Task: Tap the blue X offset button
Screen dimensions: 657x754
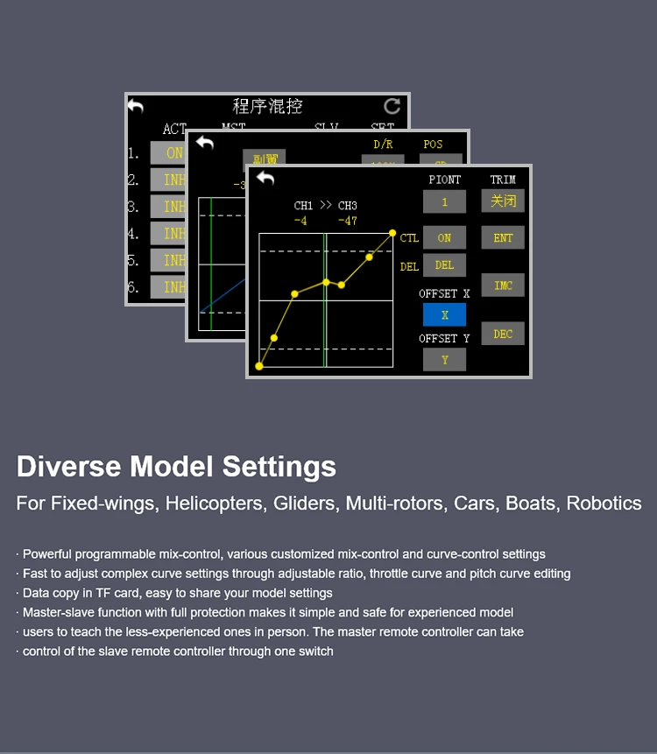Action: coord(444,314)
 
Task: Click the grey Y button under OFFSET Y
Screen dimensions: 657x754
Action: coord(444,359)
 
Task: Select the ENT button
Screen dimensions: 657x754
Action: coord(503,237)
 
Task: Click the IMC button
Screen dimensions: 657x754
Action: coord(503,285)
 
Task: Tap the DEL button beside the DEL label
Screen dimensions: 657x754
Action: coord(444,265)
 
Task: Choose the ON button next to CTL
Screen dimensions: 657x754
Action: coord(444,237)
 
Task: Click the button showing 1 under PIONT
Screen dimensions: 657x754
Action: coord(444,201)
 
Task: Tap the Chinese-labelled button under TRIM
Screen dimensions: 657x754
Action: coord(503,201)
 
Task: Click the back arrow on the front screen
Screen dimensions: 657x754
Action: coord(265,179)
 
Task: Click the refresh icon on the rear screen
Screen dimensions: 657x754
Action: coord(392,106)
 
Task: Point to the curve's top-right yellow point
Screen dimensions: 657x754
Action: coord(392,233)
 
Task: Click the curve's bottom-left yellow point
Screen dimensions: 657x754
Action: coord(259,366)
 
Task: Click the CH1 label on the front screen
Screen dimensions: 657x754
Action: coord(303,206)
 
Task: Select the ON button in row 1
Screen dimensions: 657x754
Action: coord(174,153)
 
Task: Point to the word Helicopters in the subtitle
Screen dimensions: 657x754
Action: coord(214,504)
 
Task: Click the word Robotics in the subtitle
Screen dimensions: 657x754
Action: coord(604,504)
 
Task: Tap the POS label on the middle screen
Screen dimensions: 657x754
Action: coord(433,144)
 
